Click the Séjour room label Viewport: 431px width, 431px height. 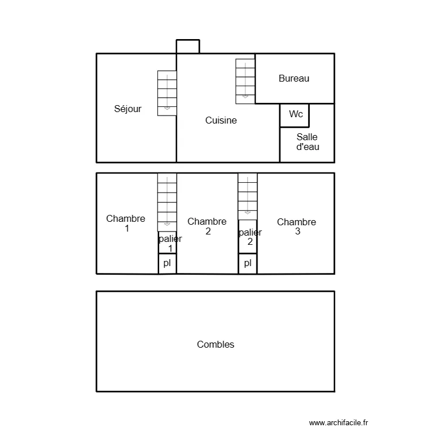point(128,109)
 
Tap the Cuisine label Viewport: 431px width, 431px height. point(221,121)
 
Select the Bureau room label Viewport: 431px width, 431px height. point(294,79)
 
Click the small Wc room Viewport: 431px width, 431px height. point(295,115)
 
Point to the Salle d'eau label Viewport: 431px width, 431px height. point(307,142)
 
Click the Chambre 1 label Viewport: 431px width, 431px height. point(126,223)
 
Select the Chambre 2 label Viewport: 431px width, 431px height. point(207,226)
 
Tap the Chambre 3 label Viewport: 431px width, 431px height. point(297,226)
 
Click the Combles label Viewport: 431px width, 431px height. point(215,345)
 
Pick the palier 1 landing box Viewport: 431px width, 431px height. point(168,243)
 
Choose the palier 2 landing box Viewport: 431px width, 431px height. point(248,237)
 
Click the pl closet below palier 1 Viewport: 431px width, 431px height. point(167,263)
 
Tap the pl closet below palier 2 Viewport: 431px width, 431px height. point(248,263)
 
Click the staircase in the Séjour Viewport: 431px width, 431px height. point(167,93)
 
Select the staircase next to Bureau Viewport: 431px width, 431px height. point(245,80)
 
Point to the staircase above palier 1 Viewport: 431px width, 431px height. point(167,201)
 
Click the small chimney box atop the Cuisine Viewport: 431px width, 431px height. point(187,47)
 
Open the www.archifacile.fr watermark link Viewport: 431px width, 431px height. point(338,422)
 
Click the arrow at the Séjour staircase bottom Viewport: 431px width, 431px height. point(167,107)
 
